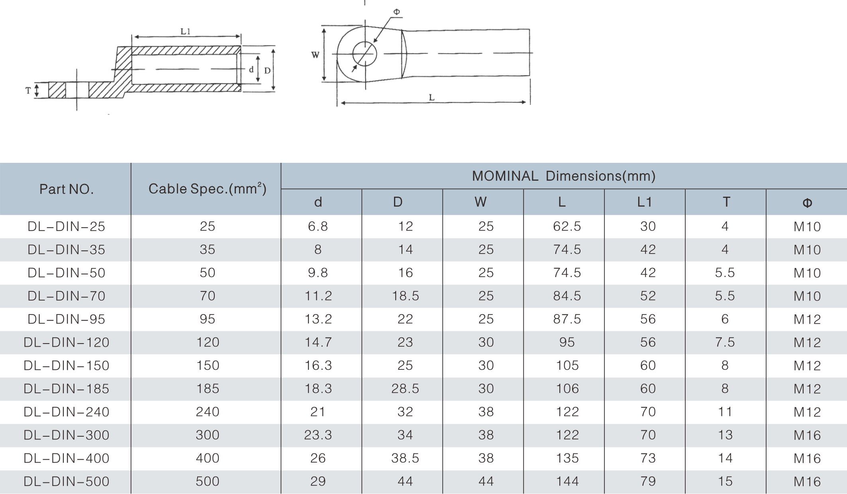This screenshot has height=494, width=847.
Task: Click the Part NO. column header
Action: tap(67, 189)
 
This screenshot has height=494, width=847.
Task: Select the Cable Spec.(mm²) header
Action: tap(207, 189)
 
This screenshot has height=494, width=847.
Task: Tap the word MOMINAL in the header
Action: tap(505, 176)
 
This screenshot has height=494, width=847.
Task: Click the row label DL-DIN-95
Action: tap(67, 319)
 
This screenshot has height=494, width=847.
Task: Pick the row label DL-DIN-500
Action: tap(67, 482)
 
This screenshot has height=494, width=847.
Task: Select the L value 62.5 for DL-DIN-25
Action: tap(567, 226)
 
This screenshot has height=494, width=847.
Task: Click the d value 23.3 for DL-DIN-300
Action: tap(318, 435)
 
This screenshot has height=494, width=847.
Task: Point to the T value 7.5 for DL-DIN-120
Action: tap(725, 342)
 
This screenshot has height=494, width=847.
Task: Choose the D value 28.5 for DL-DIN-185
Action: tap(405, 389)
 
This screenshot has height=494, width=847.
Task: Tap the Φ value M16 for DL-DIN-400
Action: tap(807, 459)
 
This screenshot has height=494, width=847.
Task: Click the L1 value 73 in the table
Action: tap(648, 458)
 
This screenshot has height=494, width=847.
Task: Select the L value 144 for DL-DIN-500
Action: tap(567, 482)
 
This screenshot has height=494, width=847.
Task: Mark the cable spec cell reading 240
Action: tap(208, 412)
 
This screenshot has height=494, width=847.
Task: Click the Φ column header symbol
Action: tap(807, 203)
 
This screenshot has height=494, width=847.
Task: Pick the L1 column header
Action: tap(644, 202)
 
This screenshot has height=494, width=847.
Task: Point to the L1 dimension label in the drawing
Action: tap(185, 31)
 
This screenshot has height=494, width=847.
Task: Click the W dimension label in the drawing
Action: tap(315, 55)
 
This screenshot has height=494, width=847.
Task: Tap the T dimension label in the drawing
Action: tap(28, 91)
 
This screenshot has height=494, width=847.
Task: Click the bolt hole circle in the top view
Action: tap(365, 53)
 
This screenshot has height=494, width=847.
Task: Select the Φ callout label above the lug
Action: tap(396, 12)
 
